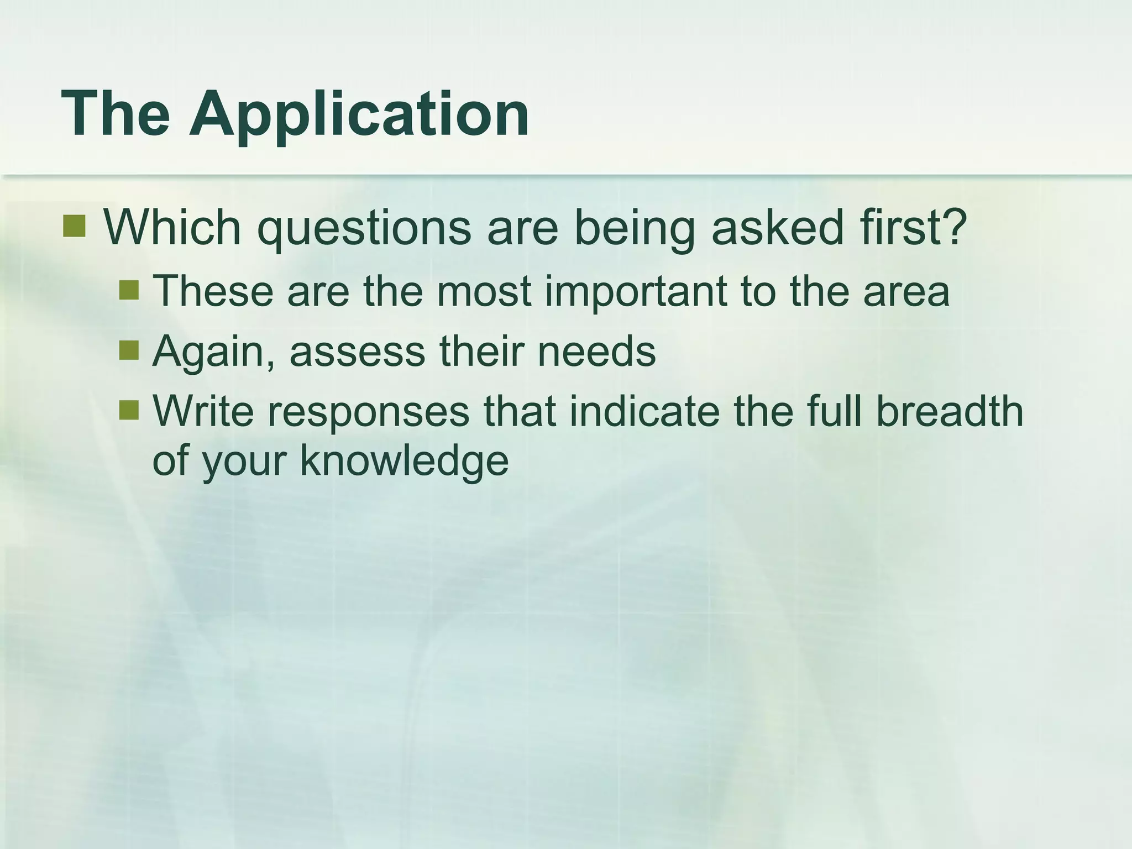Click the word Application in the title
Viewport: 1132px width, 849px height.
click(359, 115)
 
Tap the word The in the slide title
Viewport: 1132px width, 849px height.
click(116, 115)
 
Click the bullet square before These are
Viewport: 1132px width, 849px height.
click(129, 290)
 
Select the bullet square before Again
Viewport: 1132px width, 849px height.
click(129, 350)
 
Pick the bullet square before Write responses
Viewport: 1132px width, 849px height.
click(129, 410)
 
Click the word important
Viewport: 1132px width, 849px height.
click(635, 292)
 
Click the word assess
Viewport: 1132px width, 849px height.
click(357, 352)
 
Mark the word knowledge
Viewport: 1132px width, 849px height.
click(403, 462)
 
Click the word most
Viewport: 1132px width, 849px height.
click(483, 292)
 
